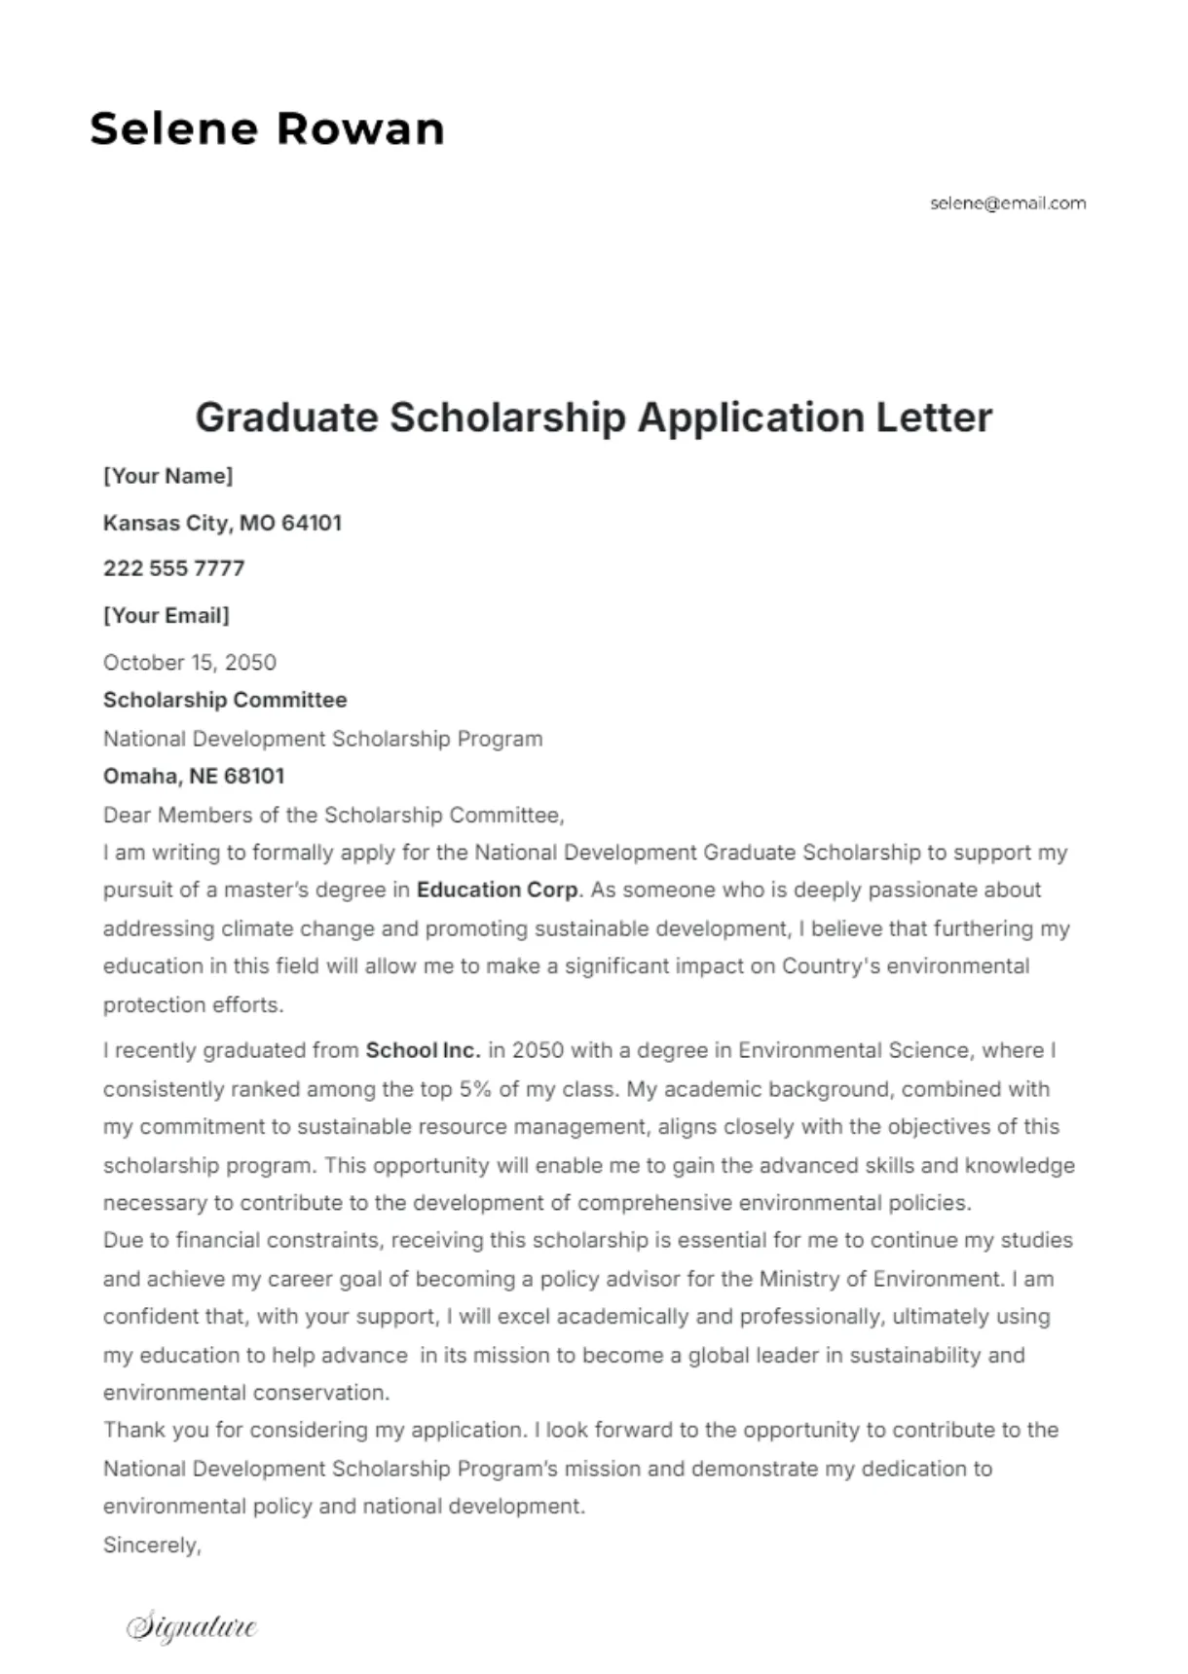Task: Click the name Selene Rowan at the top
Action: (267, 128)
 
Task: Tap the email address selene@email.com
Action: (1008, 203)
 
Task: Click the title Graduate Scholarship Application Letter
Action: (594, 418)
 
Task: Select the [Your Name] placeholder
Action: (167, 476)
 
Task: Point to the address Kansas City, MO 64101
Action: (222, 523)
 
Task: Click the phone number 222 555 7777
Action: (173, 568)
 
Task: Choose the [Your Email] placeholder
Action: (166, 615)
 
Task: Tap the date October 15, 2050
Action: (190, 663)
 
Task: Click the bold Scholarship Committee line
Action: (225, 700)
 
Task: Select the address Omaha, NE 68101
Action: (194, 776)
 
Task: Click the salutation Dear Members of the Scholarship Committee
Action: (333, 815)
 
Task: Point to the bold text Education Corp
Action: (498, 890)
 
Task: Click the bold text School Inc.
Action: (423, 1050)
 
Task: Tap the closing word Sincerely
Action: (151, 1546)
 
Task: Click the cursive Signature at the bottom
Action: (192, 1626)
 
